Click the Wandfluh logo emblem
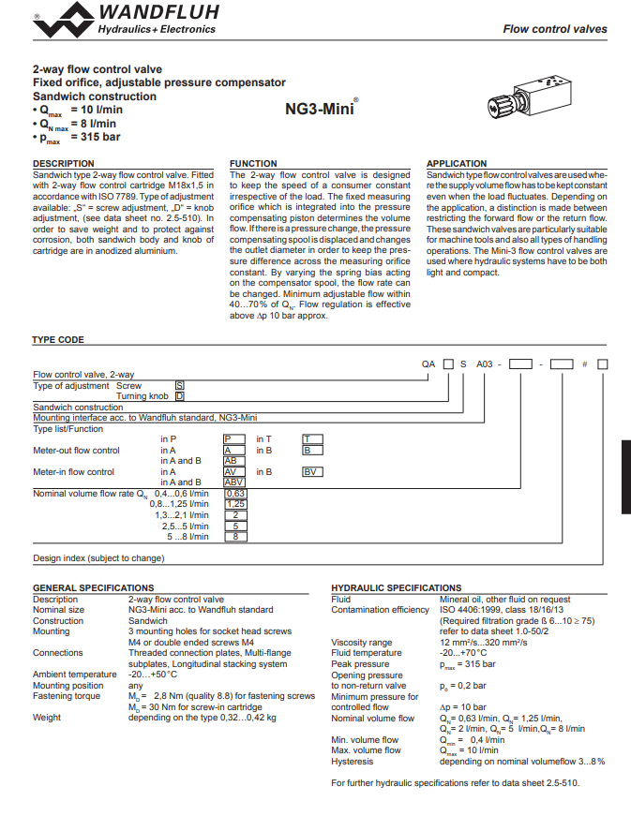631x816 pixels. point(64,20)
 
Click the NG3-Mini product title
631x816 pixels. point(320,109)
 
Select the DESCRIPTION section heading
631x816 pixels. point(64,163)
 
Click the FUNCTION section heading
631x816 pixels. point(253,163)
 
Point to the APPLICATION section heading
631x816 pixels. point(457,163)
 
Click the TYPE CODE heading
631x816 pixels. point(58,340)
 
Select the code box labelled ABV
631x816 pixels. point(234,482)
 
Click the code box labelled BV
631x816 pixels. point(312,472)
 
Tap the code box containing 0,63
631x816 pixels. point(236,494)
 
